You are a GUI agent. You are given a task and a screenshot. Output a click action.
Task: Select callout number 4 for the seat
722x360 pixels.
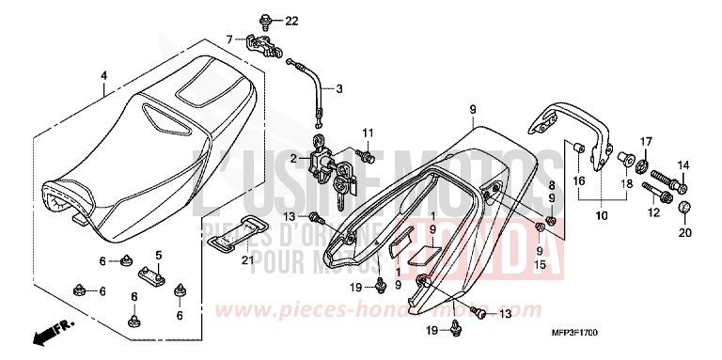[x=104, y=76]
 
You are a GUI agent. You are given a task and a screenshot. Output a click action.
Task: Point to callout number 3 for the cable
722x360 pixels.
[x=340, y=89]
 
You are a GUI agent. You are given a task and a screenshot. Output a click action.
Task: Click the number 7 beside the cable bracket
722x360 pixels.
[x=228, y=39]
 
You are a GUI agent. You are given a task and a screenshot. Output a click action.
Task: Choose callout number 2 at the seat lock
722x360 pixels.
[x=293, y=160]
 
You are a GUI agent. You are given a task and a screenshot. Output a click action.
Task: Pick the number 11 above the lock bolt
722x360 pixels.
[x=369, y=132]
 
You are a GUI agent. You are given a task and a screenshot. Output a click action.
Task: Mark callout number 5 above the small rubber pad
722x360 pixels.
[x=159, y=255]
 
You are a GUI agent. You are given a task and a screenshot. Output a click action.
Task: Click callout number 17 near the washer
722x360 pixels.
[x=645, y=142]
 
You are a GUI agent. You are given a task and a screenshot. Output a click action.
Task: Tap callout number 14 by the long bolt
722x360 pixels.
[x=683, y=165]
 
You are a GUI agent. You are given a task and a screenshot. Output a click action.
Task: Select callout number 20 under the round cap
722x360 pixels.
[x=685, y=231]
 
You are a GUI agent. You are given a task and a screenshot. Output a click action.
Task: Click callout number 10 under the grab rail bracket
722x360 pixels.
[x=602, y=215]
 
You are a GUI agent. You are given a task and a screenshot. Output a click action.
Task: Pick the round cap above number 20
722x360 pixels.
[x=685, y=206]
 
